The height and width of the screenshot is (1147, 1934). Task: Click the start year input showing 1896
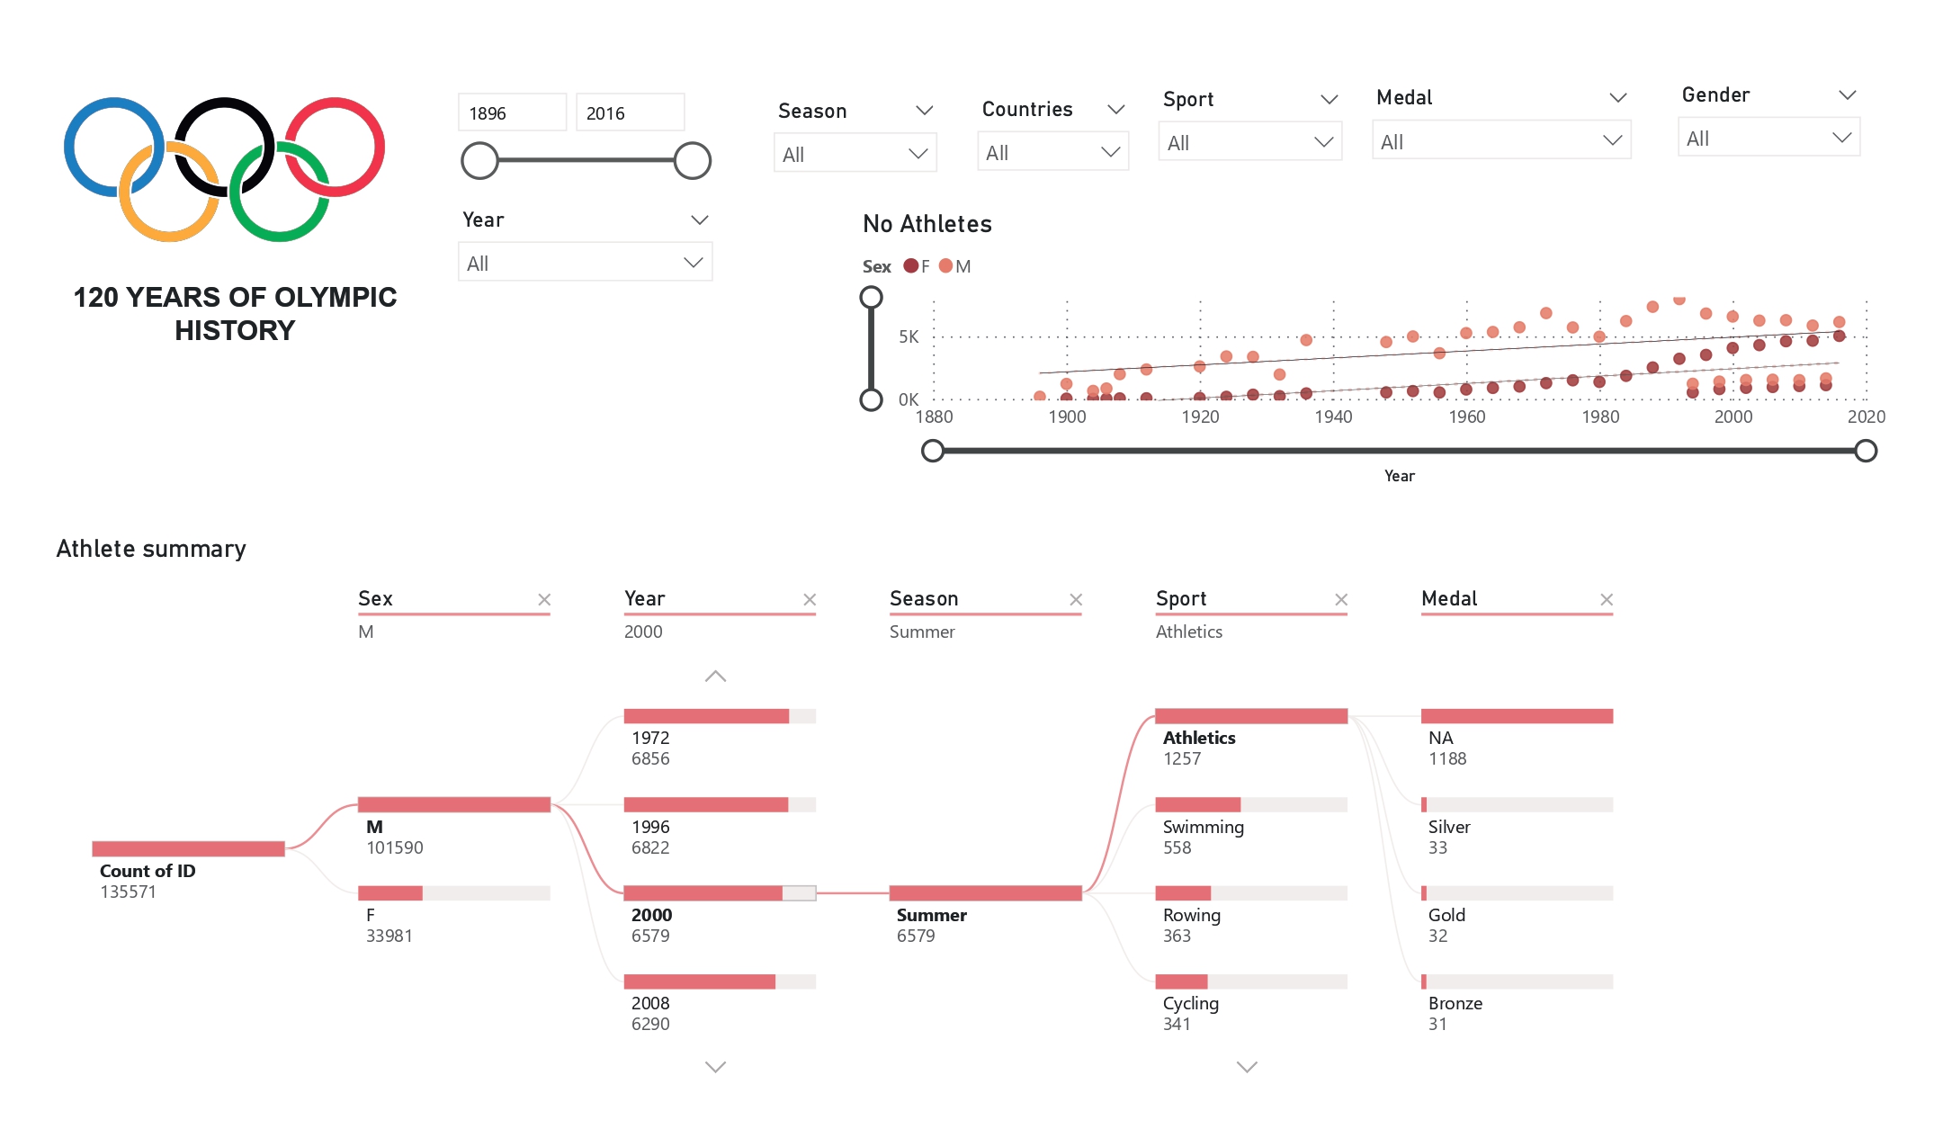pyautogui.click(x=512, y=113)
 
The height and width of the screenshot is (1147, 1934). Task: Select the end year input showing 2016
pyautogui.click(x=630, y=113)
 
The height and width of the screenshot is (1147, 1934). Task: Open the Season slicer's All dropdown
pyautogui.click(x=855, y=154)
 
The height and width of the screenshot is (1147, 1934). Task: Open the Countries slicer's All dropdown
pyautogui.click(x=1052, y=153)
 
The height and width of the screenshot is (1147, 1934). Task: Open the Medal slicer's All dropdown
pyautogui.click(x=1500, y=141)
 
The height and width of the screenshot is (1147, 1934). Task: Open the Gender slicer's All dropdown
pyautogui.click(x=1768, y=139)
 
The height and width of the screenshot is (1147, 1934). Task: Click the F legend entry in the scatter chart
pyautogui.click(x=918, y=266)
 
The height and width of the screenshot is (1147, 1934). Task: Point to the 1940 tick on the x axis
pyautogui.click(x=1333, y=417)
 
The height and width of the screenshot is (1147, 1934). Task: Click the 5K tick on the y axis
pyautogui.click(x=909, y=337)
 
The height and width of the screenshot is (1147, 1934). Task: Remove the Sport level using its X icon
pyautogui.click(x=1341, y=599)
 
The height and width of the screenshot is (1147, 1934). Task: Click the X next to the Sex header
pyautogui.click(x=544, y=599)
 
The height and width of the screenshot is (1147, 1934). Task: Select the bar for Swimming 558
pyautogui.click(x=1250, y=804)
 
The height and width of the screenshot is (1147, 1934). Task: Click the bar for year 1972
pyautogui.click(x=719, y=716)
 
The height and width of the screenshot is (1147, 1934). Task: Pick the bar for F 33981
pyautogui.click(x=453, y=893)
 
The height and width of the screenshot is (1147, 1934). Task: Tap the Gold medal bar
pyautogui.click(x=1517, y=893)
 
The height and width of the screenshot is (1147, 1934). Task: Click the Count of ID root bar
pyautogui.click(x=188, y=848)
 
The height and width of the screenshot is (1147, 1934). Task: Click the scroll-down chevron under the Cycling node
pyautogui.click(x=1247, y=1067)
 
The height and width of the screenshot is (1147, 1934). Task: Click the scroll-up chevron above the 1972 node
pyautogui.click(x=715, y=677)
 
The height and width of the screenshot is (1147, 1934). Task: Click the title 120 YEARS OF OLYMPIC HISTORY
pyautogui.click(x=235, y=313)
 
